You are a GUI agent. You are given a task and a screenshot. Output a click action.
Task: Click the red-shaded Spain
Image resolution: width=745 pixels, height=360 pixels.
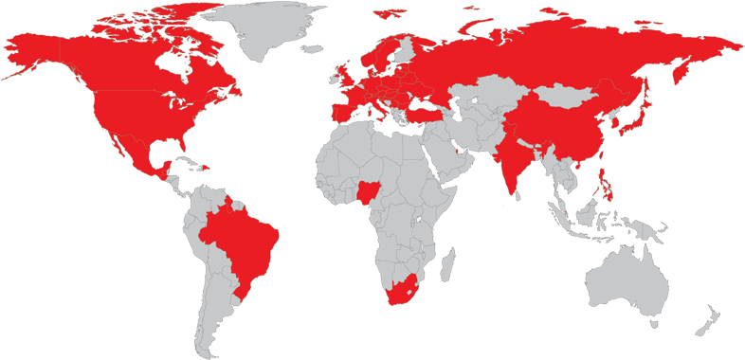(x=337, y=114)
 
